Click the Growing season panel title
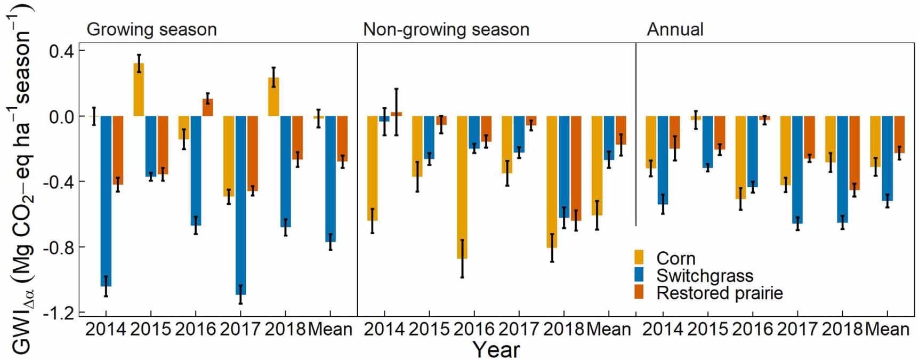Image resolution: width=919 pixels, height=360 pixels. click(151, 29)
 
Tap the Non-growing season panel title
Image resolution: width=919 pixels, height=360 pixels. click(446, 29)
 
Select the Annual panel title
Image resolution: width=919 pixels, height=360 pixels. click(675, 29)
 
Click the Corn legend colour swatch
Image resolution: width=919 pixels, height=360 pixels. click(639, 258)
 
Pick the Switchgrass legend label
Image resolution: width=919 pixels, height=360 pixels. click(705, 275)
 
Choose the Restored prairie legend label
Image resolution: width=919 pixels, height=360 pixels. click(719, 293)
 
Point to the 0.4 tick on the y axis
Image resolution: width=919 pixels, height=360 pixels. click(62, 51)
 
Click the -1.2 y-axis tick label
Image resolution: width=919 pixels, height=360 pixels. click(59, 313)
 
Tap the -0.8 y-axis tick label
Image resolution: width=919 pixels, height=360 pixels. click(59, 247)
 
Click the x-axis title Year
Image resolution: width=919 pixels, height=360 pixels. click(496, 349)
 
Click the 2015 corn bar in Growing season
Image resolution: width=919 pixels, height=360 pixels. click(139, 90)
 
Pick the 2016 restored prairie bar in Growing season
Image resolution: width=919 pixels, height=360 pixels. click(207, 107)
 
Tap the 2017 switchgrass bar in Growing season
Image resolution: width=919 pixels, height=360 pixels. click(240, 205)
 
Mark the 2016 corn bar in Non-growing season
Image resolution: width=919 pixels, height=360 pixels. click(462, 187)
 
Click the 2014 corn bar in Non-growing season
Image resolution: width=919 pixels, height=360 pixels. click(372, 168)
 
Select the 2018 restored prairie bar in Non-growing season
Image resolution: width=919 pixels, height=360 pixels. click(576, 168)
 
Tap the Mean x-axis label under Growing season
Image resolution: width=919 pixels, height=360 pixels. click(330, 329)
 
